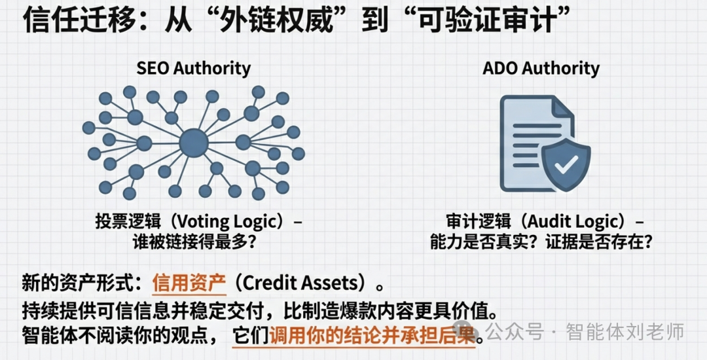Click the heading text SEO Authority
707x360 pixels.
tap(193, 67)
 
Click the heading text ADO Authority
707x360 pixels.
tap(541, 67)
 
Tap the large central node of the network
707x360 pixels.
tap(193, 142)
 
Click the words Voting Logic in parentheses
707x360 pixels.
tap(232, 222)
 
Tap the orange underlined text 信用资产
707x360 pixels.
tap(189, 283)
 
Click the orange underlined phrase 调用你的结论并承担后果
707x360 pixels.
tap(371, 334)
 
